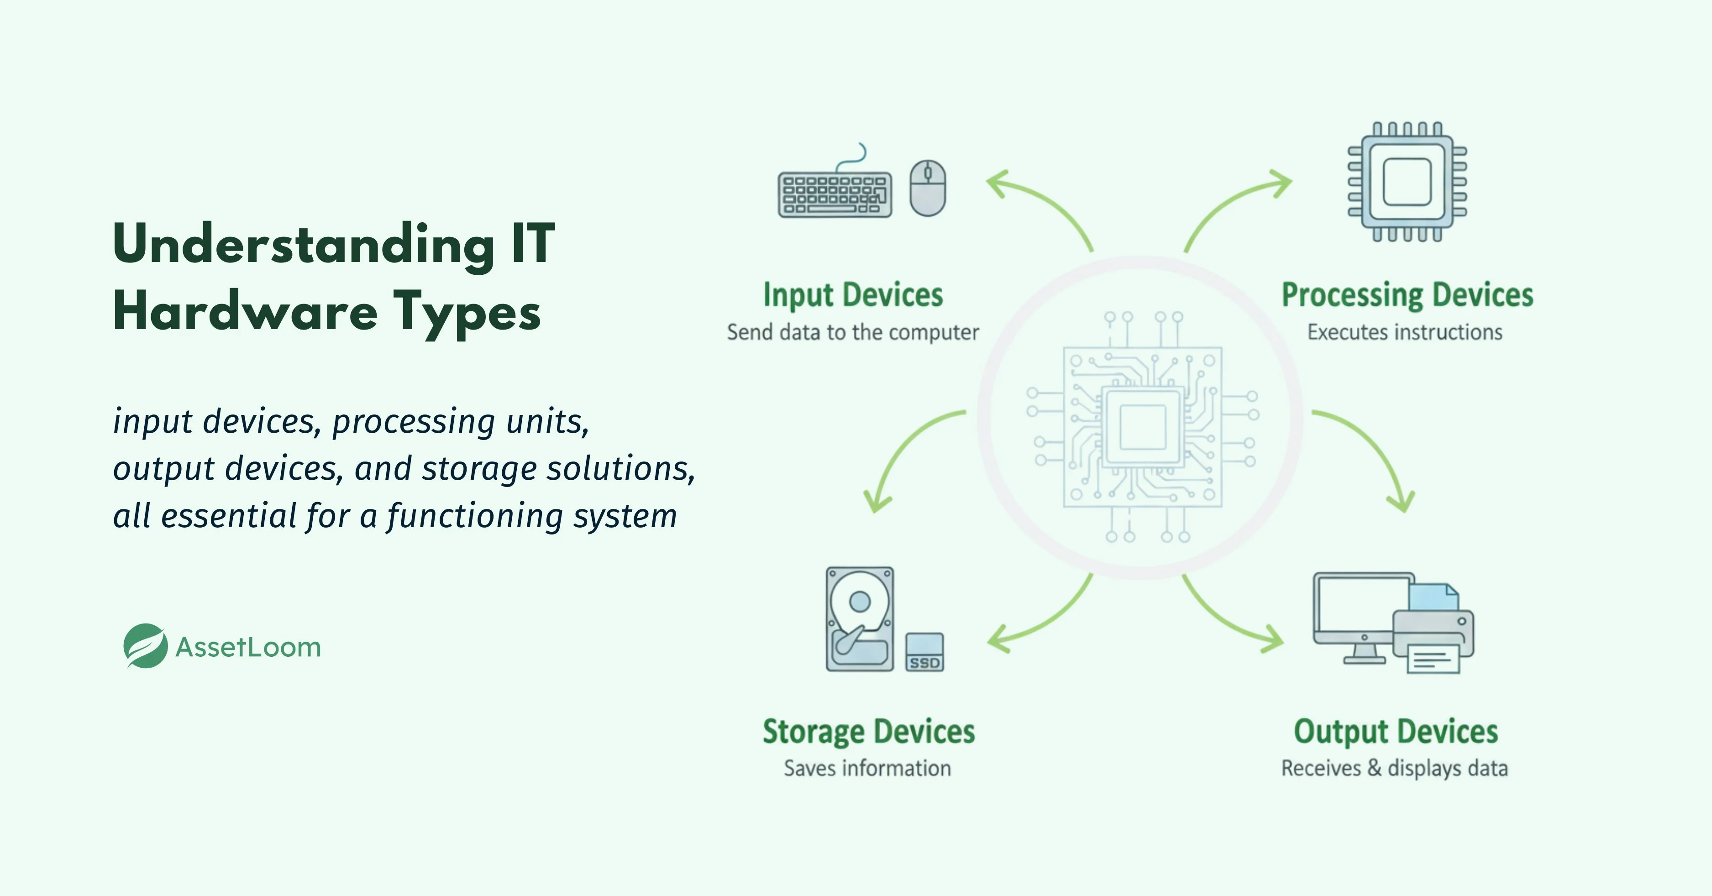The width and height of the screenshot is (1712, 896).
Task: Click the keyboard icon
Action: click(x=835, y=195)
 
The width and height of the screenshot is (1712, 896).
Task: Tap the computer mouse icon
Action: click(x=928, y=188)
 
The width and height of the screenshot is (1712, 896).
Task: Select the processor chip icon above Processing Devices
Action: click(x=1407, y=182)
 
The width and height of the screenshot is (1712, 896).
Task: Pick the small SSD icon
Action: click(x=924, y=652)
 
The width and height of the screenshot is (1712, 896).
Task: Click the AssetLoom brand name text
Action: click(x=248, y=647)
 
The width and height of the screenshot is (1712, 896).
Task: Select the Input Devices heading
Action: click(x=853, y=295)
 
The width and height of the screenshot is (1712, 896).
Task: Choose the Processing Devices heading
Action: click(x=1407, y=295)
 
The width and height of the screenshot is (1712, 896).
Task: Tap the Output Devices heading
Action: click(x=1396, y=732)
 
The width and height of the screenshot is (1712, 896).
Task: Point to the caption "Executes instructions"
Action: click(x=1404, y=332)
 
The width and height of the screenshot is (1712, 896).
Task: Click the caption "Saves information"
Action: click(x=867, y=768)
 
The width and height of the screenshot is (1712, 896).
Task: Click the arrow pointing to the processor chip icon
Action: click(x=1236, y=206)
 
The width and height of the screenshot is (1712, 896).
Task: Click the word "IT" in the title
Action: click(x=532, y=244)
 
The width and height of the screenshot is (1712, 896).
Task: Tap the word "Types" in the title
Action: click(x=467, y=312)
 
